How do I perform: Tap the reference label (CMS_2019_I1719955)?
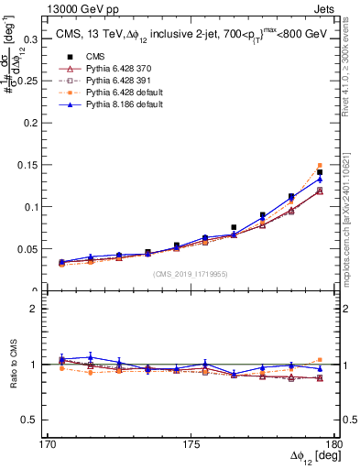(191, 273)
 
